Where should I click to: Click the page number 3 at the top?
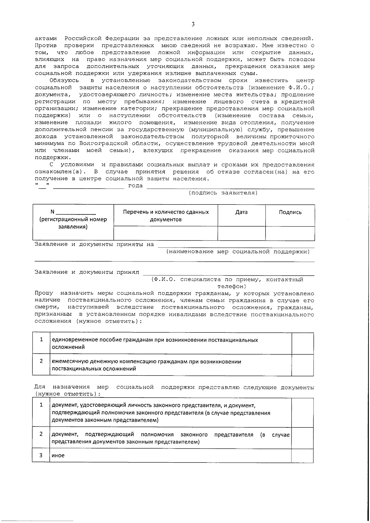tap(193, 25)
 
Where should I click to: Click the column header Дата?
tap(241, 212)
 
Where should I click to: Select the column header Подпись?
tap(290, 212)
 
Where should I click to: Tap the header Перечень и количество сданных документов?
tap(166, 216)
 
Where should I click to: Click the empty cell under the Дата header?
tap(241, 233)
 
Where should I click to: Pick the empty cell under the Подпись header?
tap(290, 233)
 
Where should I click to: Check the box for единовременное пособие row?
tap(302, 343)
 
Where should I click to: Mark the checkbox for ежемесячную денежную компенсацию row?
tap(302, 365)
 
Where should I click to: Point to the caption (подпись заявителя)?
tap(223, 193)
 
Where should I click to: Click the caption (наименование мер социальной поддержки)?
tap(238, 252)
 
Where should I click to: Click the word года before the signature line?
tap(135, 186)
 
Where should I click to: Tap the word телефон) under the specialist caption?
tap(232, 286)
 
